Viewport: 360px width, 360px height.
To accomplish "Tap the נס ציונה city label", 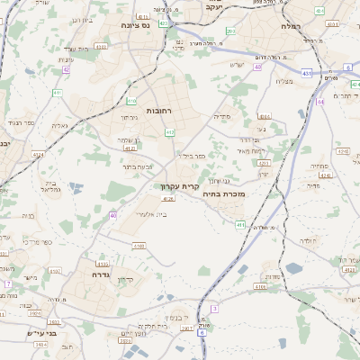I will [x=122, y=26].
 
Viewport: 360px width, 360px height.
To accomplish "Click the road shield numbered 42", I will [x=67, y=68].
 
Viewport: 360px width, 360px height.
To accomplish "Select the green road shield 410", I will [x=131, y=101].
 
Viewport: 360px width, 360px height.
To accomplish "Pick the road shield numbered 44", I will [x=321, y=102].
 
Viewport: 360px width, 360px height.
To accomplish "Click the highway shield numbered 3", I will [x=214, y=309].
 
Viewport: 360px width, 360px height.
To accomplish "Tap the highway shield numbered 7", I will [x=8, y=284].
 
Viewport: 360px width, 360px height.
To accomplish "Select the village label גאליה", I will [x=59, y=126].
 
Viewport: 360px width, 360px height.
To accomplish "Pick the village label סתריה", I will [x=220, y=116].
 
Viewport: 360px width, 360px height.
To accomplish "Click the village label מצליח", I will [x=284, y=82].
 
